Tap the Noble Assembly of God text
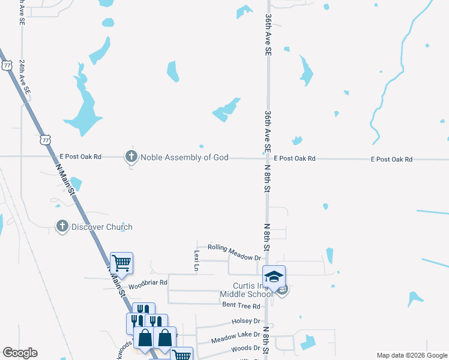click(184, 157)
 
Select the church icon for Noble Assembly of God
click(131, 157)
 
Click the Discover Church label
click(102, 227)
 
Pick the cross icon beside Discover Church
click(62, 227)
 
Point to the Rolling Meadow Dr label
click(234, 248)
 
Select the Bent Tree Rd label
click(240, 305)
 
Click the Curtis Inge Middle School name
click(246, 290)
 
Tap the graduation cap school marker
click(274, 276)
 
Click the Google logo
click(20, 353)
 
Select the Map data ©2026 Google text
click(411, 355)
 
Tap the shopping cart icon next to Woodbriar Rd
click(121, 263)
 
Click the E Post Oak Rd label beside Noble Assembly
click(80, 157)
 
